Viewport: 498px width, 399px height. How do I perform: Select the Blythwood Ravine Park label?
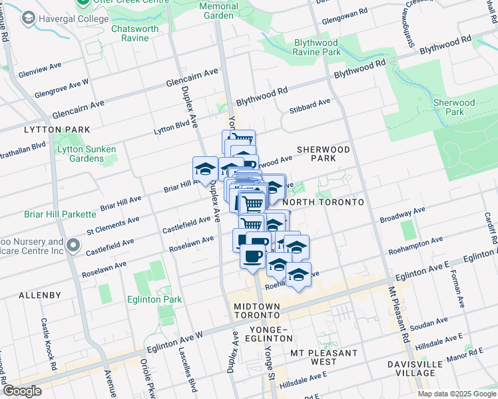[x=318, y=47]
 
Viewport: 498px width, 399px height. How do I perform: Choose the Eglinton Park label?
[x=160, y=299]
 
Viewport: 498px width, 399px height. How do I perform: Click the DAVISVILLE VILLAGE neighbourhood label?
[x=413, y=370]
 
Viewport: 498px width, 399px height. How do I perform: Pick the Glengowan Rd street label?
[x=344, y=12]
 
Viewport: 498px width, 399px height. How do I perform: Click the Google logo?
[x=22, y=391]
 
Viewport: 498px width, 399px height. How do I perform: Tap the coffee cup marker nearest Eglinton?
[x=251, y=257]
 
